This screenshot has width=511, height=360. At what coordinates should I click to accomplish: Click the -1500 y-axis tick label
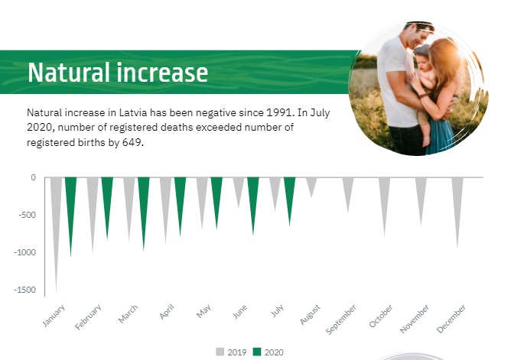25,290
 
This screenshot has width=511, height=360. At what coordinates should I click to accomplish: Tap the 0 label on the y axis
33,177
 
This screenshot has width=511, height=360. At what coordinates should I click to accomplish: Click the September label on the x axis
341,319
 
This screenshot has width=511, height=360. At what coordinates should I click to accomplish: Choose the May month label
203,311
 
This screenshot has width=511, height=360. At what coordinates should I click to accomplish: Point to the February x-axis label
88,317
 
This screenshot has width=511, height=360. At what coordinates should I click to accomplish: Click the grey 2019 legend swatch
220,352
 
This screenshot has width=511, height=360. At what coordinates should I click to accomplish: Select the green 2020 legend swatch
257,352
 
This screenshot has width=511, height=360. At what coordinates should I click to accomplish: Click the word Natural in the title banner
69,73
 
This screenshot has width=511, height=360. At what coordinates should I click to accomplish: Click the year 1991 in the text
280,112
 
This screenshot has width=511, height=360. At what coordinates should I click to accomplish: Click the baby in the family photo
424,88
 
